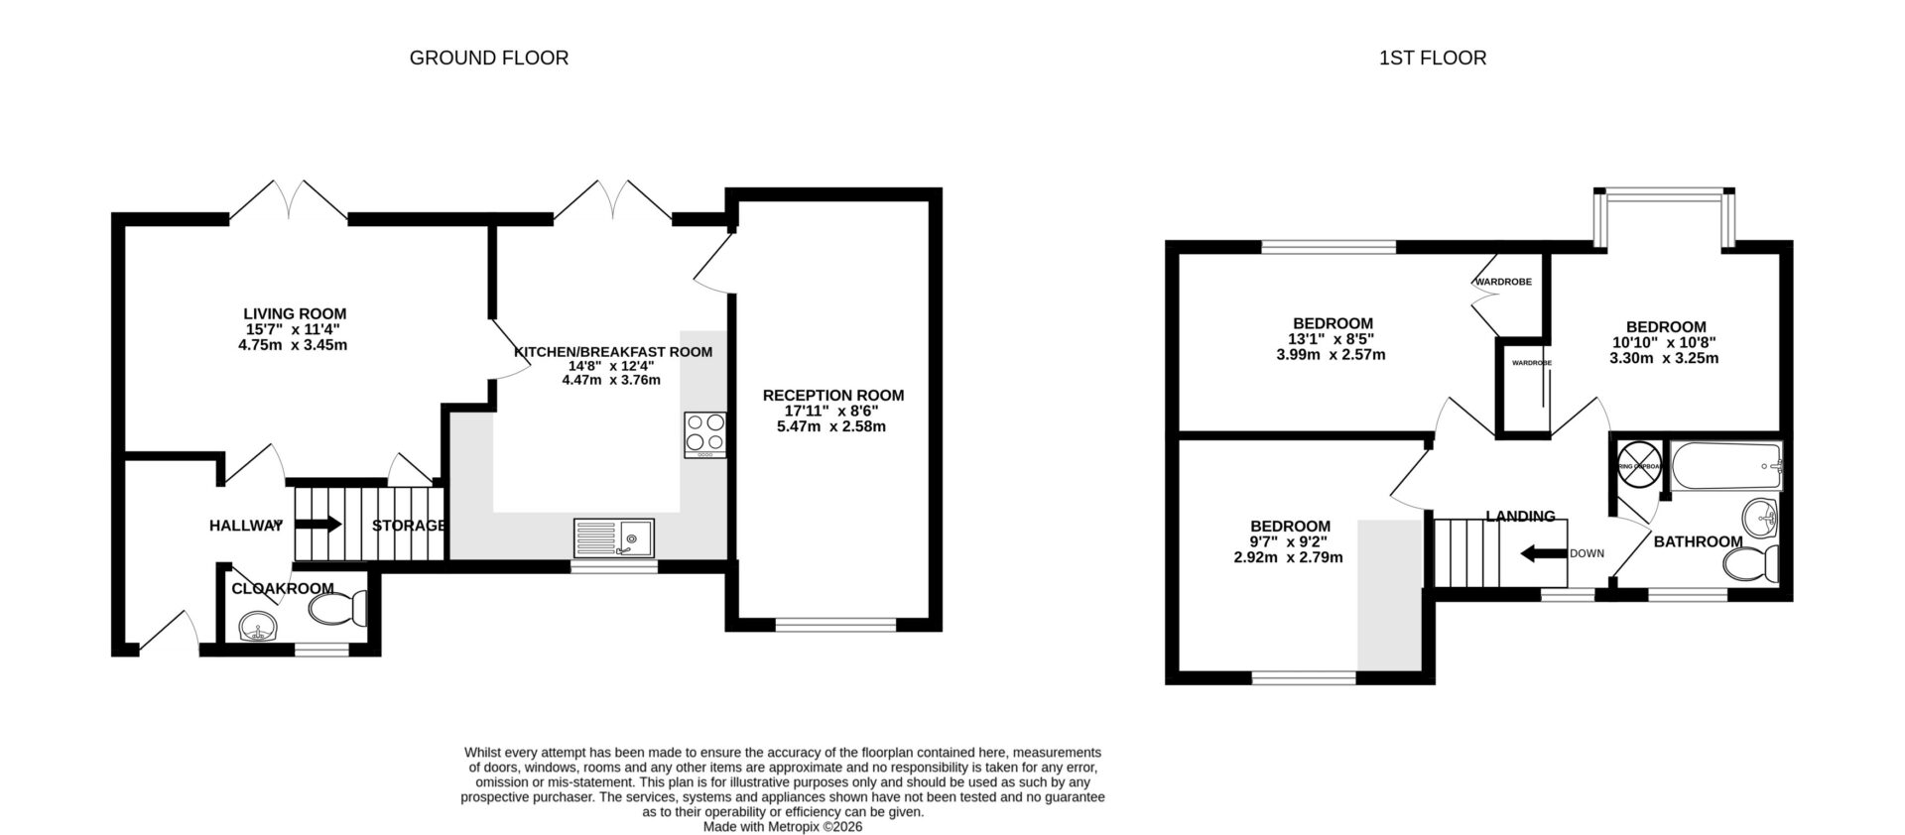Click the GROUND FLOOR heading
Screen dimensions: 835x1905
[x=489, y=59]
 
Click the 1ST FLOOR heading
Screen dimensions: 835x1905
[x=1432, y=59]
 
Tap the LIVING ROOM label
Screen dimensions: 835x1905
[x=295, y=314]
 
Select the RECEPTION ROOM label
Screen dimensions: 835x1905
[x=832, y=396]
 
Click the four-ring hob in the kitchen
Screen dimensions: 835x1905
[x=704, y=434]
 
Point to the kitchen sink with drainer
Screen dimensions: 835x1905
[x=613, y=537]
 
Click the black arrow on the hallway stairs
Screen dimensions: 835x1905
[x=318, y=524]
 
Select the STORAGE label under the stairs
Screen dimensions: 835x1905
[x=409, y=526]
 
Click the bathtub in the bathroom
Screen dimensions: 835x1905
[x=1726, y=466]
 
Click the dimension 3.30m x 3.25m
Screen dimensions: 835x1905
[x=1664, y=358]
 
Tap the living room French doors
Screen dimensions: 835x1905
[x=289, y=201]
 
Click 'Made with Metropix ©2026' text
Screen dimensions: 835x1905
[x=783, y=826]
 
